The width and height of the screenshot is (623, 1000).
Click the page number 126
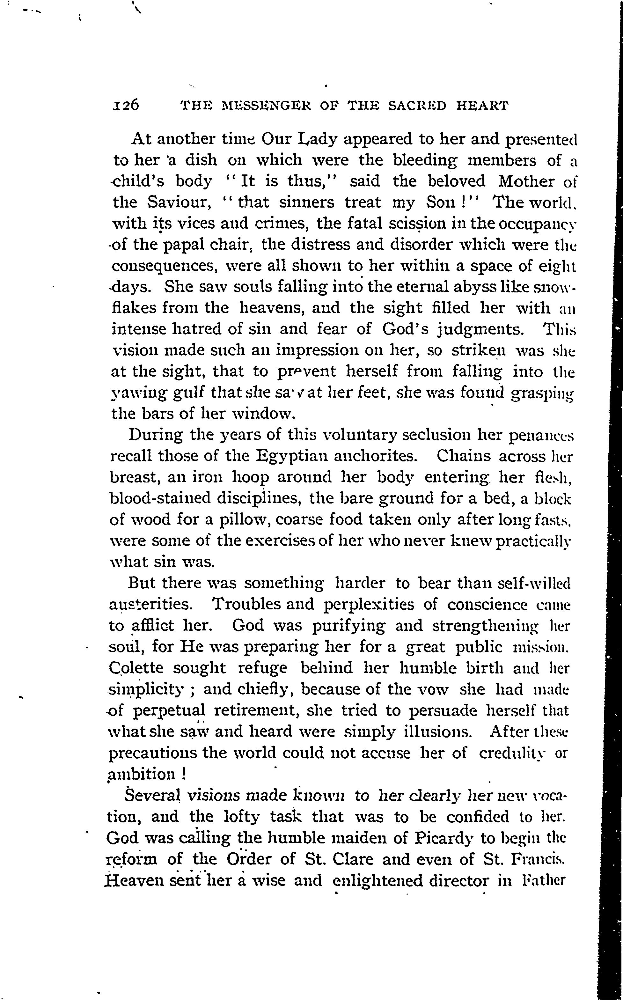pos(126,106)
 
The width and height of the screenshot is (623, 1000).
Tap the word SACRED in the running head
pos(417,106)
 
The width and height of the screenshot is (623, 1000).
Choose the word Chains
pos(464,456)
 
